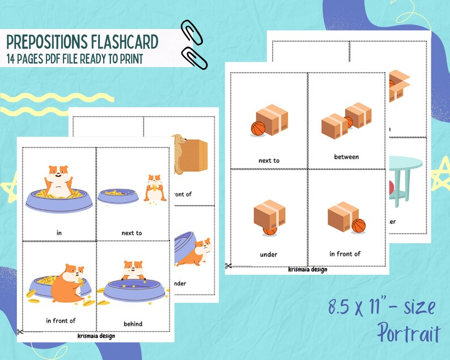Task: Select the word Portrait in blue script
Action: (x=407, y=332)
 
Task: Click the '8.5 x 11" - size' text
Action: (x=381, y=308)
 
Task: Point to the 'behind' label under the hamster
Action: (x=133, y=324)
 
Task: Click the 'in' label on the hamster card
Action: (x=58, y=232)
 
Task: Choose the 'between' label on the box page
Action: (x=346, y=157)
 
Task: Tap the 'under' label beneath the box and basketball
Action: (x=269, y=255)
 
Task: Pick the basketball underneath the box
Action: (x=270, y=230)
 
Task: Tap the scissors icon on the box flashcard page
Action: (x=228, y=265)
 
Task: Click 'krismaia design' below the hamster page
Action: (x=96, y=335)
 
